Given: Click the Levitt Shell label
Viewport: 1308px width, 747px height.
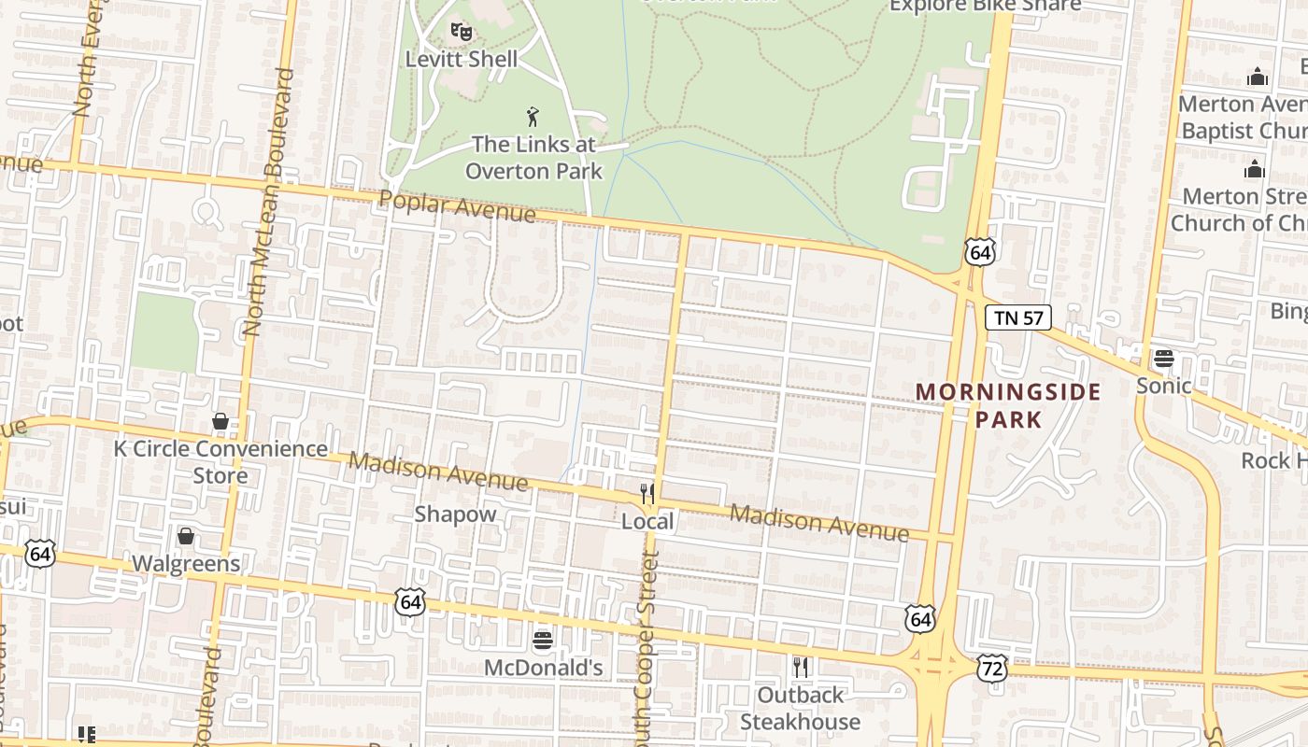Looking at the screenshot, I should [461, 59].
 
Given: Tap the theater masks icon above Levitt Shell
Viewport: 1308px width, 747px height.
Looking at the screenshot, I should [461, 32].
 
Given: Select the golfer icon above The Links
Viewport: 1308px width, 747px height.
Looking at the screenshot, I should [533, 117].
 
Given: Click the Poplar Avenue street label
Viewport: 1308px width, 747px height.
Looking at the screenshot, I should [458, 207].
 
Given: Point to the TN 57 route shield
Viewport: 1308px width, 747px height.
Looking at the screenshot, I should [1018, 317].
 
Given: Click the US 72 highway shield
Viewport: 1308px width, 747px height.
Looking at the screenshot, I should [992, 667].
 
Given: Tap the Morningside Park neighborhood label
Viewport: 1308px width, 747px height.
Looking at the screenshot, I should [1008, 405].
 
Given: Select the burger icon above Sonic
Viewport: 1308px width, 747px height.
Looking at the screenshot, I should [1163, 358].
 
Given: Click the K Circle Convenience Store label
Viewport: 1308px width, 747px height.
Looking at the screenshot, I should [220, 461].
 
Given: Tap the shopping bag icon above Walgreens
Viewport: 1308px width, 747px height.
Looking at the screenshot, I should [186, 536].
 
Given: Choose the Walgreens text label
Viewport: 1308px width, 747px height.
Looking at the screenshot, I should [186, 563].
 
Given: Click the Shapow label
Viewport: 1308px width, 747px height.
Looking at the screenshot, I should [455, 514].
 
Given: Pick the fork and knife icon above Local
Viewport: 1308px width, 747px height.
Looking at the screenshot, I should [647, 494].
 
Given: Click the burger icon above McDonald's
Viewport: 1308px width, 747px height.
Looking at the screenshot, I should [543, 641].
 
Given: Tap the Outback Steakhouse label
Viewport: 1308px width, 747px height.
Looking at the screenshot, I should [801, 708].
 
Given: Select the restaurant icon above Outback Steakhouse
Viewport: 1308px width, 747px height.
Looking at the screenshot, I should [801, 667].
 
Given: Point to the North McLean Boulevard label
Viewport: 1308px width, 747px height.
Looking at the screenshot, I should [269, 202].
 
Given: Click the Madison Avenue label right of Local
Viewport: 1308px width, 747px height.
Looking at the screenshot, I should [818, 523].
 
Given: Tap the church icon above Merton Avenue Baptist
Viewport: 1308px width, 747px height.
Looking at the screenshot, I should [1258, 77].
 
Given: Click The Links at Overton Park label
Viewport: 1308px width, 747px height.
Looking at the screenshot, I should [533, 157].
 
